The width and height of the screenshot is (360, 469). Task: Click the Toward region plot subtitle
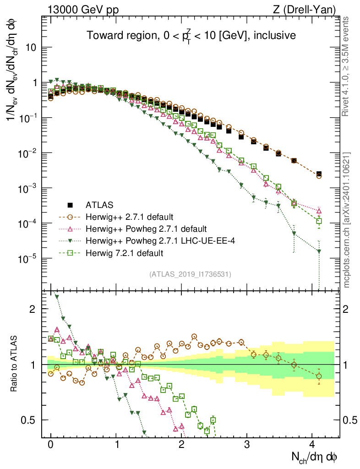coord(191,35)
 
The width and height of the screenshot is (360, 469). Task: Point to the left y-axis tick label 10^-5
coord(27,259)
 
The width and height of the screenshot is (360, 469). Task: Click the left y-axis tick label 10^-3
coord(27,189)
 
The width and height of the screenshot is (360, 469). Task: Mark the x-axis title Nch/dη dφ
coord(315,457)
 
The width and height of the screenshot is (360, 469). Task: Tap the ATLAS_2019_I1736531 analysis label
coord(190,274)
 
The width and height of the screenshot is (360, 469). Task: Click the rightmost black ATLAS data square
coord(319,174)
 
